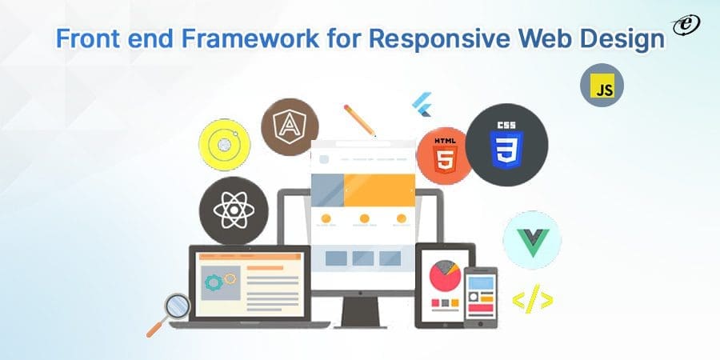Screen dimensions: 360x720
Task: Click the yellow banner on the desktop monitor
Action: point(379,190)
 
